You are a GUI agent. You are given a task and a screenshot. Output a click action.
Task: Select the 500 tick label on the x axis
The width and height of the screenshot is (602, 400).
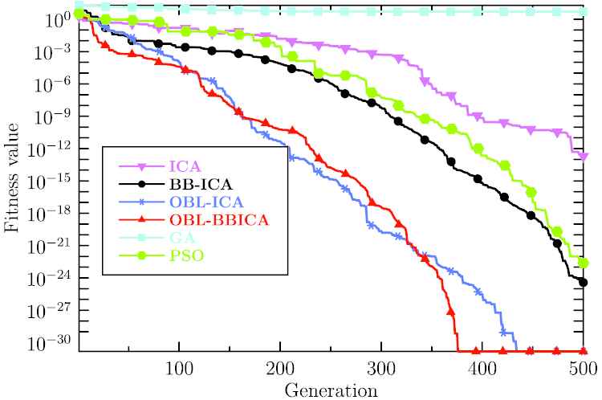pyautogui.click(x=584, y=368)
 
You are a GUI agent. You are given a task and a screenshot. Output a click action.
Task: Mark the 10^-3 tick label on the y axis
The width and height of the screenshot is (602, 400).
pyautogui.click(x=51, y=51)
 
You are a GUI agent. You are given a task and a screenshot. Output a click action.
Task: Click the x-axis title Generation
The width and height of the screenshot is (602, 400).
pyautogui.click(x=332, y=390)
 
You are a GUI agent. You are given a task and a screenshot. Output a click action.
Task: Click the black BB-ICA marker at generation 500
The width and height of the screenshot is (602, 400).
pyautogui.click(x=584, y=282)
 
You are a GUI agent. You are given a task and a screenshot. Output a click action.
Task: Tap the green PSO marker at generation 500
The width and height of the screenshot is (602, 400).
pyautogui.click(x=584, y=263)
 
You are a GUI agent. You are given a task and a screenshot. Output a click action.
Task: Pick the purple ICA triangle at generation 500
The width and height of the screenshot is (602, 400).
pyautogui.click(x=584, y=154)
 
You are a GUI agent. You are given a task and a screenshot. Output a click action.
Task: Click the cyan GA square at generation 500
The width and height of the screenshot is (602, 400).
pyautogui.click(x=584, y=11)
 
